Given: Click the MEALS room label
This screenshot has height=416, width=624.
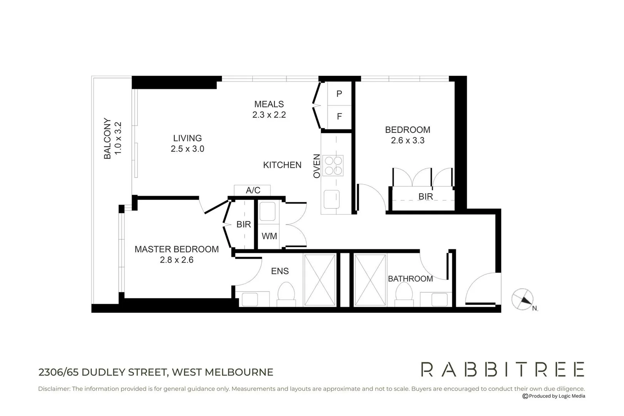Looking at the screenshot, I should [269, 104].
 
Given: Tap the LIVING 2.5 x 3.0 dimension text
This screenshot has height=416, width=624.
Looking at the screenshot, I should [187, 149].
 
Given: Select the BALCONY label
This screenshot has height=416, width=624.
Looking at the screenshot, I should [107, 138].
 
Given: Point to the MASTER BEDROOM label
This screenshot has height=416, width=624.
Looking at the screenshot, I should [176, 249].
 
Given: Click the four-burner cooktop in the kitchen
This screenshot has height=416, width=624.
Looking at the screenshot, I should [333, 166].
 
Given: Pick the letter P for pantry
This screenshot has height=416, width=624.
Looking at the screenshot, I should [339, 94].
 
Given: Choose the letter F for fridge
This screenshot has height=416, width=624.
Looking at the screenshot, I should [339, 116].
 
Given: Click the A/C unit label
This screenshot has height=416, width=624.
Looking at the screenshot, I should [253, 190].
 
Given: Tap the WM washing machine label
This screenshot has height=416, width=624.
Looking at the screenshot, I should [269, 236].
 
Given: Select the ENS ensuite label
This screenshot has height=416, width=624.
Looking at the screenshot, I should [280, 271].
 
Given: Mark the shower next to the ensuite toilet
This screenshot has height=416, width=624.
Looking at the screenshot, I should [320, 280].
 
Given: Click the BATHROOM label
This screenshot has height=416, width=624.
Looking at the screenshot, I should [410, 278].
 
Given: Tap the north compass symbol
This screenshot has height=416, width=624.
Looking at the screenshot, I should [523, 299].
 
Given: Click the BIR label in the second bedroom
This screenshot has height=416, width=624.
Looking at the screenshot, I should [426, 196].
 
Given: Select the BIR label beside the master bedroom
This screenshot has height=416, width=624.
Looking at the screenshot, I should [243, 224].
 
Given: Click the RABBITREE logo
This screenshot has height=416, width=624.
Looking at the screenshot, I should [502, 369].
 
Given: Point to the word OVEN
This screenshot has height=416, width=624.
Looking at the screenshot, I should [317, 166].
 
